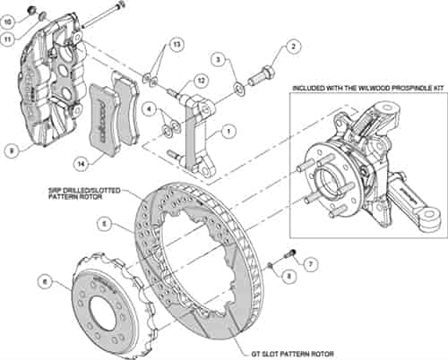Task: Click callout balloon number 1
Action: pos(230,130)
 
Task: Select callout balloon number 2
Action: pos(293,47)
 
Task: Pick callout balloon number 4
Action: pos(148,110)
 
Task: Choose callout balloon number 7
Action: pos(309,265)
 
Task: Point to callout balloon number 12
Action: pos(202,81)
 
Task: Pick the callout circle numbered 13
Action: pos(176,44)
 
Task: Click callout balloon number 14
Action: pos(83,164)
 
